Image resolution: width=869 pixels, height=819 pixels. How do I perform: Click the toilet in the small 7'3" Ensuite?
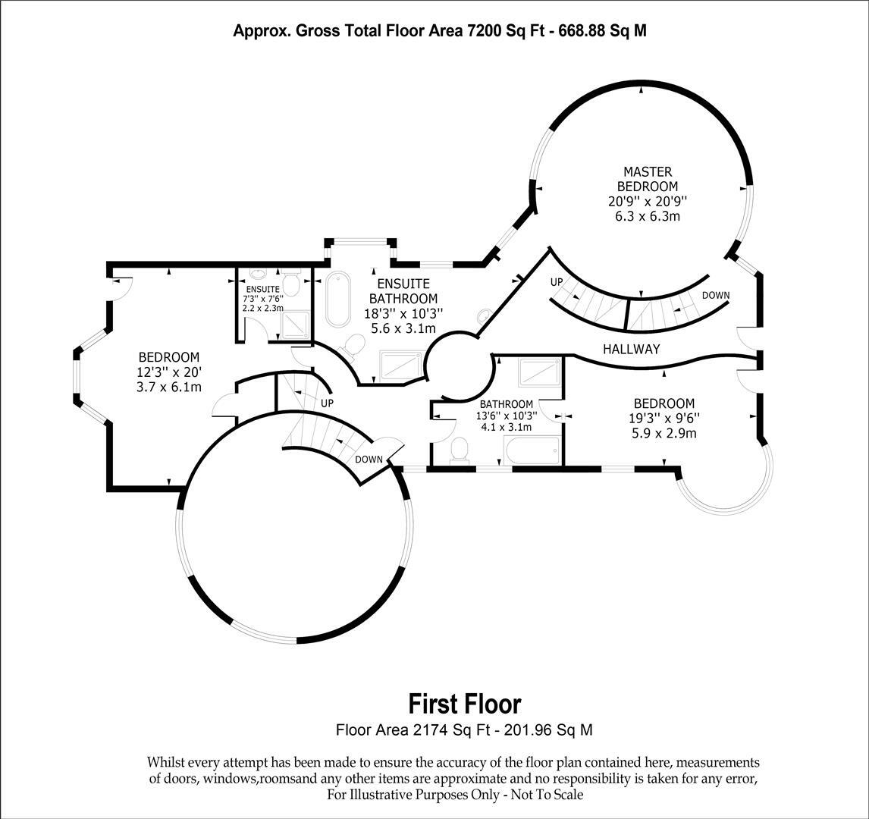290,284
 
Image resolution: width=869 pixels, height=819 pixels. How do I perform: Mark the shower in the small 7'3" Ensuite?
296,325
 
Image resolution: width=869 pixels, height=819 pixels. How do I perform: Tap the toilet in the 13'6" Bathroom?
459,449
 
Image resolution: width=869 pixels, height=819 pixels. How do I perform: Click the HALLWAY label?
631,350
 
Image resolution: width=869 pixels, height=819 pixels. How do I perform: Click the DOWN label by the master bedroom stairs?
716,295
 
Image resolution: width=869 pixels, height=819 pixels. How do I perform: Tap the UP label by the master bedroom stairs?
557,281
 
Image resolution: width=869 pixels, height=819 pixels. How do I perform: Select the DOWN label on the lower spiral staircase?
369,460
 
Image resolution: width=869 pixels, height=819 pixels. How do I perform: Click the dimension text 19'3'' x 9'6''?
664,419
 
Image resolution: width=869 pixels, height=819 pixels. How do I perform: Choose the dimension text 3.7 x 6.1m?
169,388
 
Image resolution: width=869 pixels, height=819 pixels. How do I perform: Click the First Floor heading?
465,704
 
